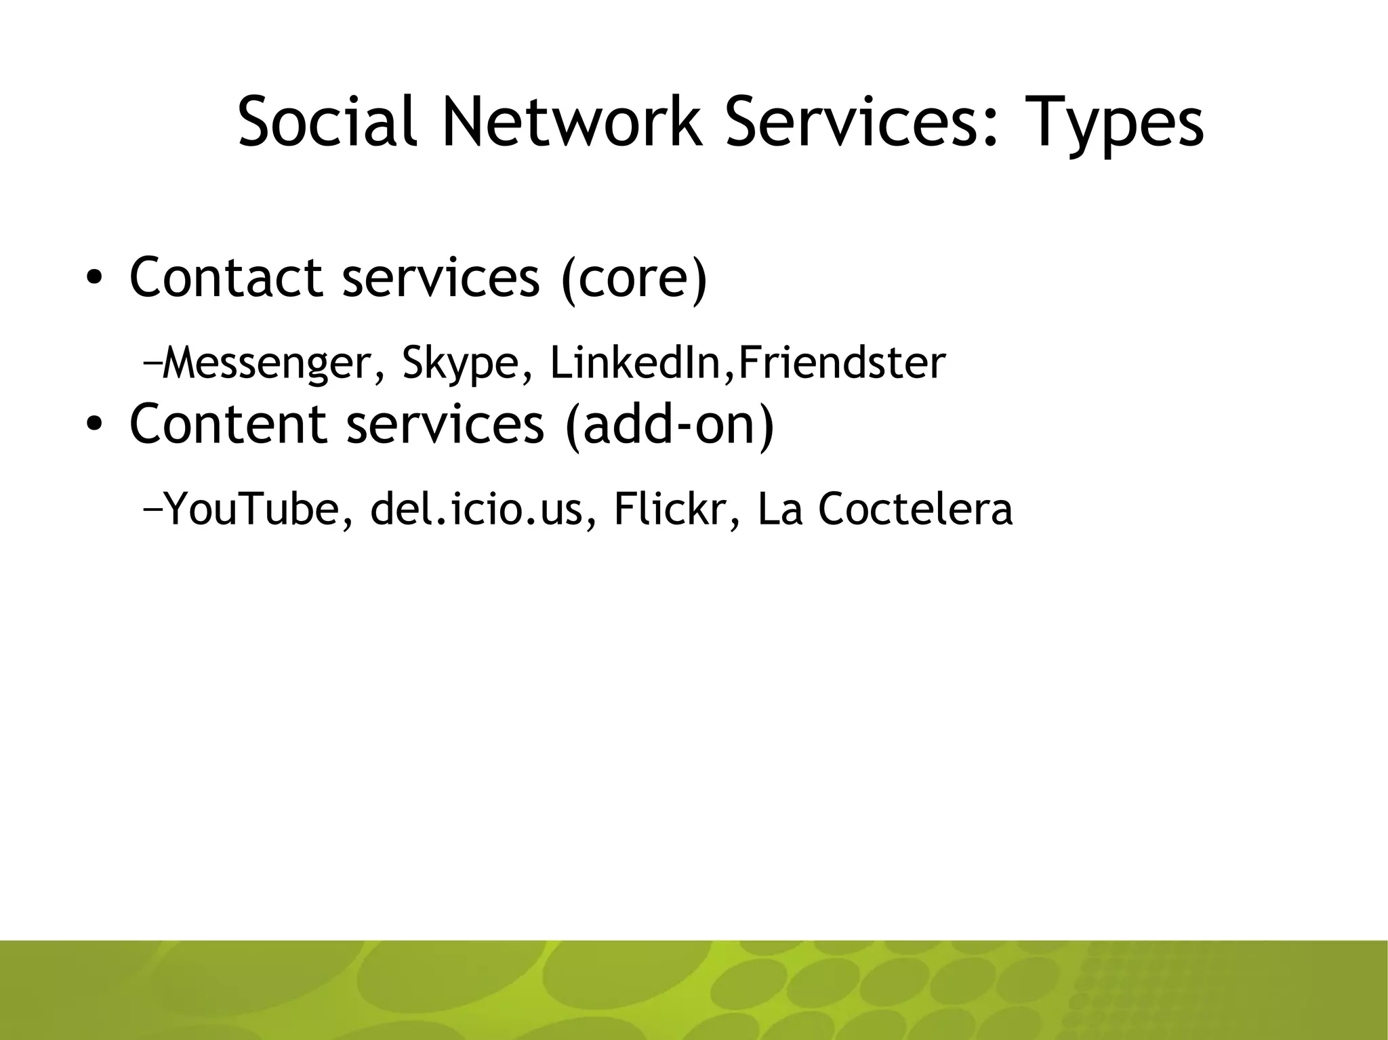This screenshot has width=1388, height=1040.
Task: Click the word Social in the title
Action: coord(325,122)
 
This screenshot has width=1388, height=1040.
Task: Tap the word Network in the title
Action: coord(573,122)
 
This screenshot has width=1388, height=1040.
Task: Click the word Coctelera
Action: coord(914,509)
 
